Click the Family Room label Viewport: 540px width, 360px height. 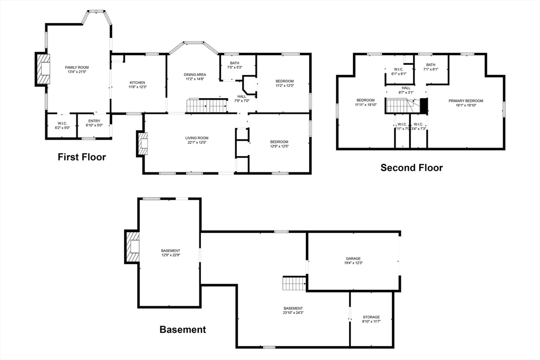[x=77, y=67]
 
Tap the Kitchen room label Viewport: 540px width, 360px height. [x=138, y=83]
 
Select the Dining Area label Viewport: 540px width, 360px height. [x=195, y=75]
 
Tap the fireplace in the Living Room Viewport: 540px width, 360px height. [x=142, y=143]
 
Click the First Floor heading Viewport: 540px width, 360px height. [x=82, y=157]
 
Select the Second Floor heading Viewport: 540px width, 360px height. [x=411, y=168]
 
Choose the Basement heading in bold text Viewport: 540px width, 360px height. [x=182, y=330]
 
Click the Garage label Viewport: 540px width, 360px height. [x=353, y=258]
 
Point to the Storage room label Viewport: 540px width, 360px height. [x=371, y=317]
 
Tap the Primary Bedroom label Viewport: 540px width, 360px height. [x=466, y=101]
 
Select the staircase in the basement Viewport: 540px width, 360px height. [x=294, y=284]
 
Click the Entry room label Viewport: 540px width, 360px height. [x=94, y=121]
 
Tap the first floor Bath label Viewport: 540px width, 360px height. [x=234, y=63]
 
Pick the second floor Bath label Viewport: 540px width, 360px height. [x=431, y=65]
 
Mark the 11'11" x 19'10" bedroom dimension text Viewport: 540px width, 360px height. [x=365, y=105]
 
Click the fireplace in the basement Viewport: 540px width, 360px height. [x=132, y=247]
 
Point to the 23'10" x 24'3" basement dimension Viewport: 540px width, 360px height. [x=293, y=313]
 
